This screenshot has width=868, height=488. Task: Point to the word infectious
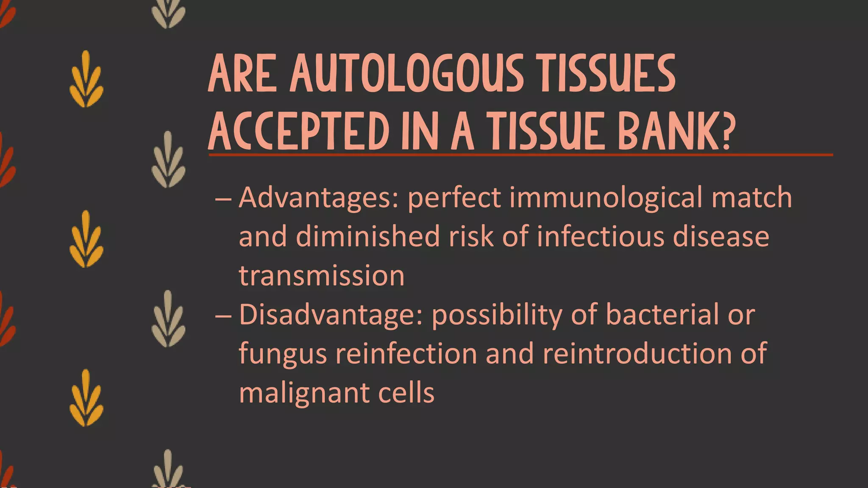point(600,236)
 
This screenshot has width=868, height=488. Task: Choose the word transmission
point(322,275)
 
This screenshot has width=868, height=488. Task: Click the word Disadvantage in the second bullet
point(331,314)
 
